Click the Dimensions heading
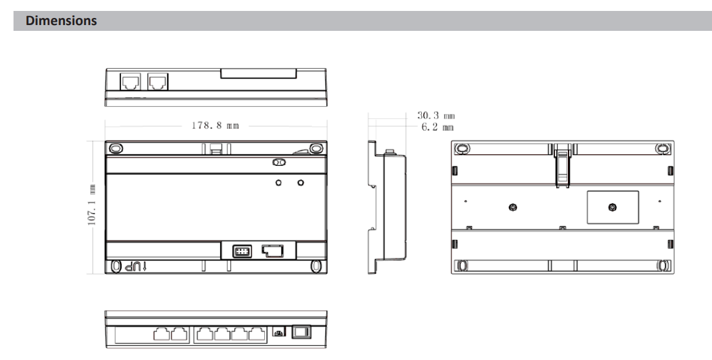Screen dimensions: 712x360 click(61, 21)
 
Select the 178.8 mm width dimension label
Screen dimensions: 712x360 click(215, 125)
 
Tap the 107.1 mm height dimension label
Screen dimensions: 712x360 click(92, 204)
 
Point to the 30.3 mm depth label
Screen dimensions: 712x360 click(436, 116)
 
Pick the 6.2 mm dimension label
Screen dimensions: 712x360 click(437, 127)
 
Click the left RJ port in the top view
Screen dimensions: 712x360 click(131, 82)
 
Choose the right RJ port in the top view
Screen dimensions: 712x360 click(158, 82)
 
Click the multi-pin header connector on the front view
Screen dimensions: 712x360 click(242, 251)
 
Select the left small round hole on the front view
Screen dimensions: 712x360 click(278, 183)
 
